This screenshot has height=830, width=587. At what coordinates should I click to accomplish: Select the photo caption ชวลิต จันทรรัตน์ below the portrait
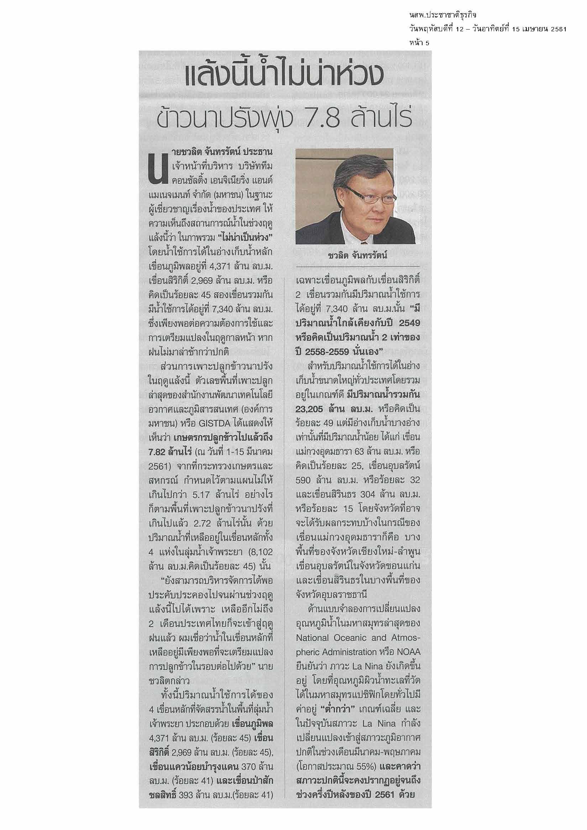pos(356,256)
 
